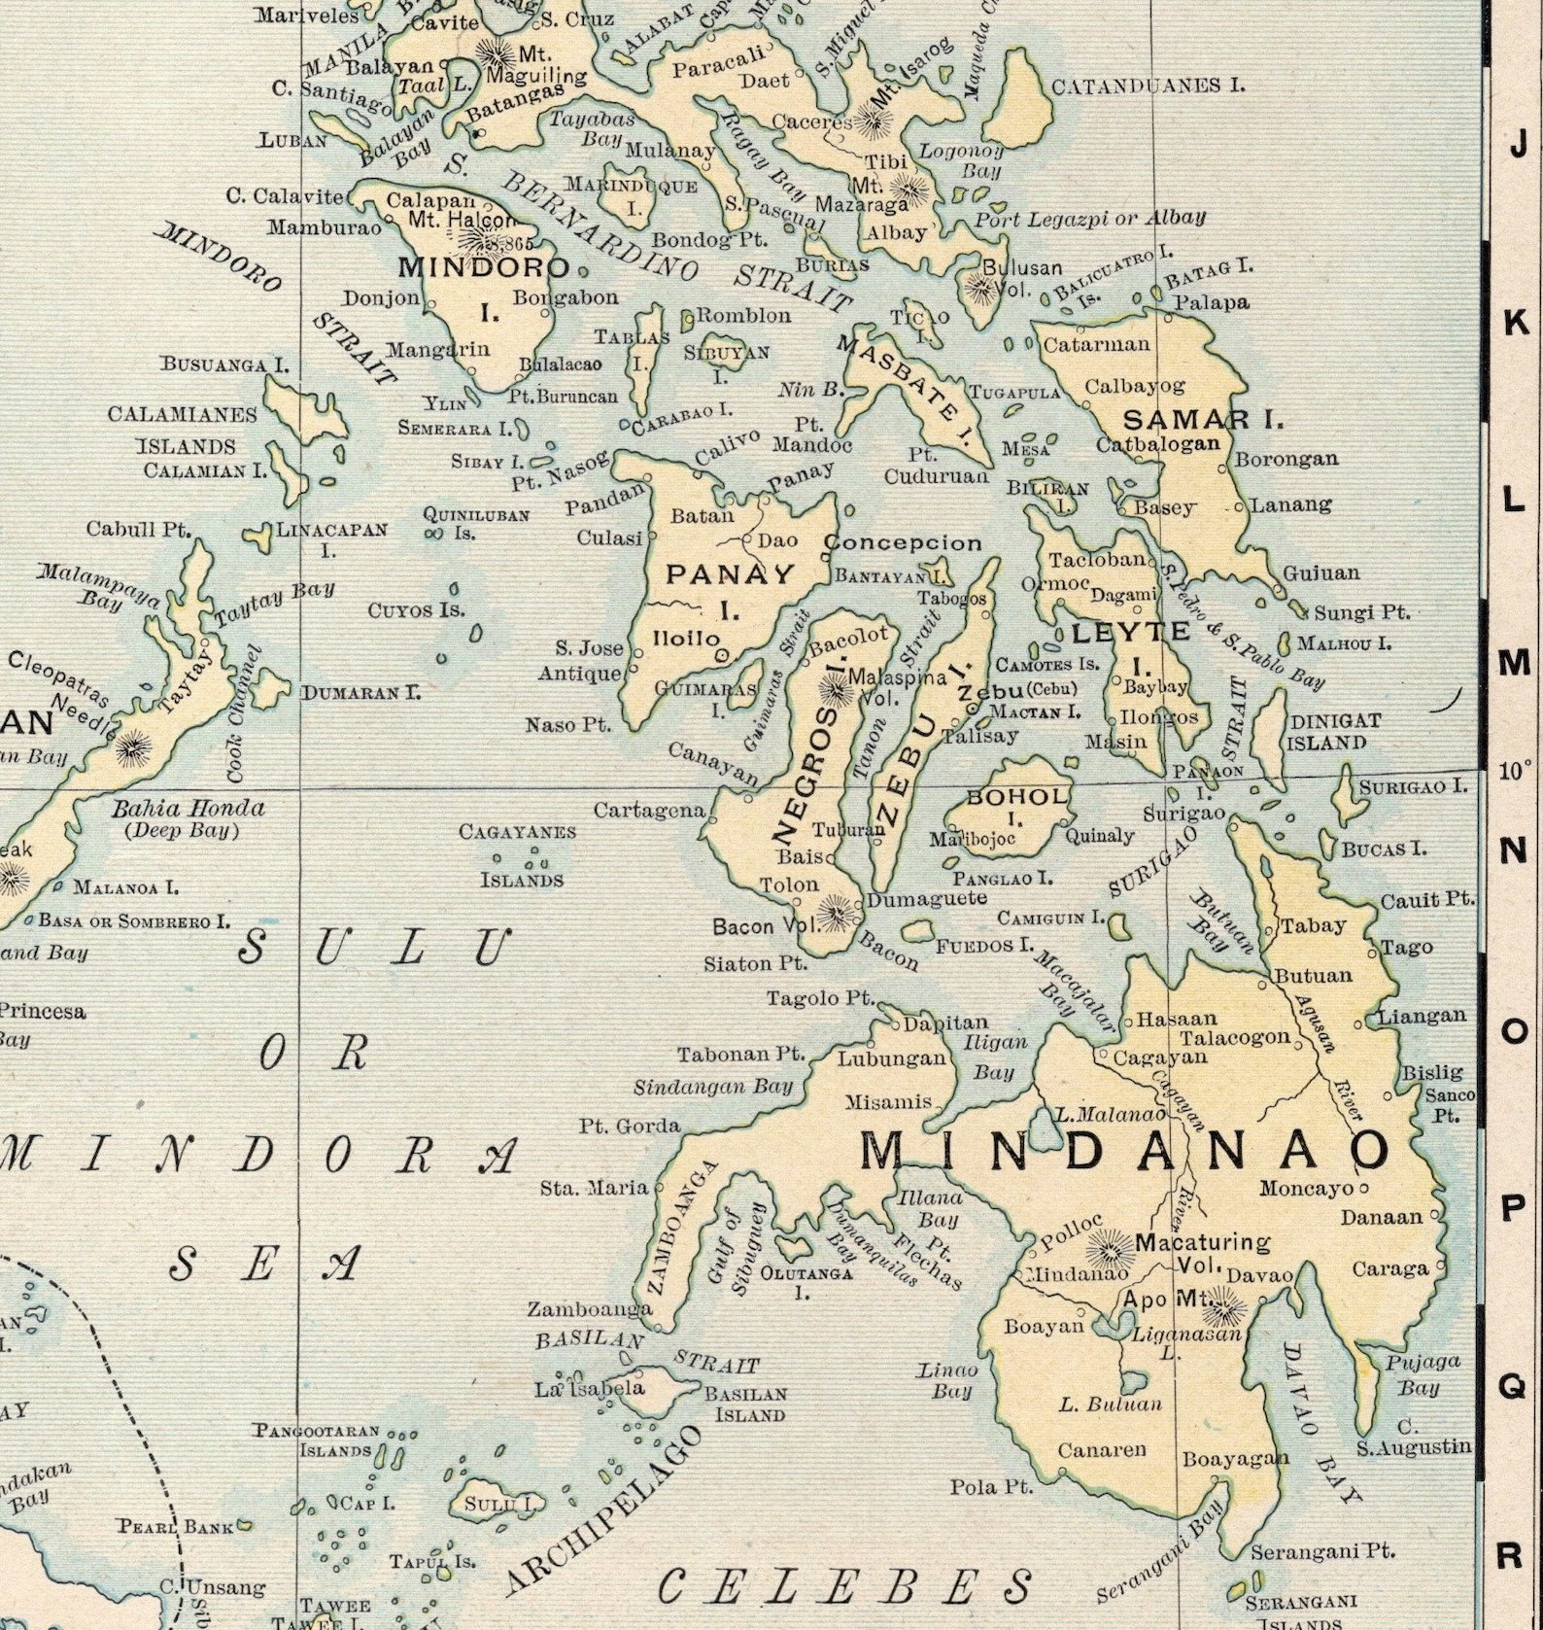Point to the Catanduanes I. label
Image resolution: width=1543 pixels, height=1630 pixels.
1148,86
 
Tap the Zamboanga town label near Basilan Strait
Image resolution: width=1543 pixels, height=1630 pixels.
589,1309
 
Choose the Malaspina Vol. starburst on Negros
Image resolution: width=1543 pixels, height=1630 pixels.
834,687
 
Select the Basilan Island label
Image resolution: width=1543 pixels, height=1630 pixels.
745,1404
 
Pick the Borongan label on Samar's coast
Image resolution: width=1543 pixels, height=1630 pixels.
1286,458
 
